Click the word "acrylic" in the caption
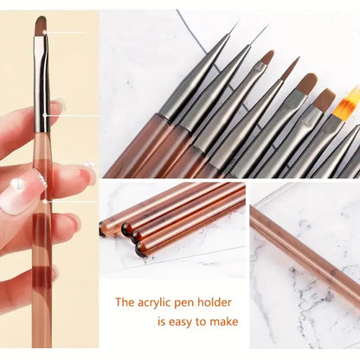pos(154,303)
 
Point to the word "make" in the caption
pos(224,321)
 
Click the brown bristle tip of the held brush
pos(42,27)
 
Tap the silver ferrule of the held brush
pos(42,84)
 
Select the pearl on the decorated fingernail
pos(17,184)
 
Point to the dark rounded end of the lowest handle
pos(139,249)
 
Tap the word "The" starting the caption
pos(125,302)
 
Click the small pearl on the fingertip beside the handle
pos(90,164)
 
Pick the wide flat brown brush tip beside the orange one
pos(325,99)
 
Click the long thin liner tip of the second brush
pos(258,36)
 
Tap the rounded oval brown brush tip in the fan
pos(307,84)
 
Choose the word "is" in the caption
pos(161,321)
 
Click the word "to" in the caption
pos(202,322)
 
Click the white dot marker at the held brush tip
pos(46,32)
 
